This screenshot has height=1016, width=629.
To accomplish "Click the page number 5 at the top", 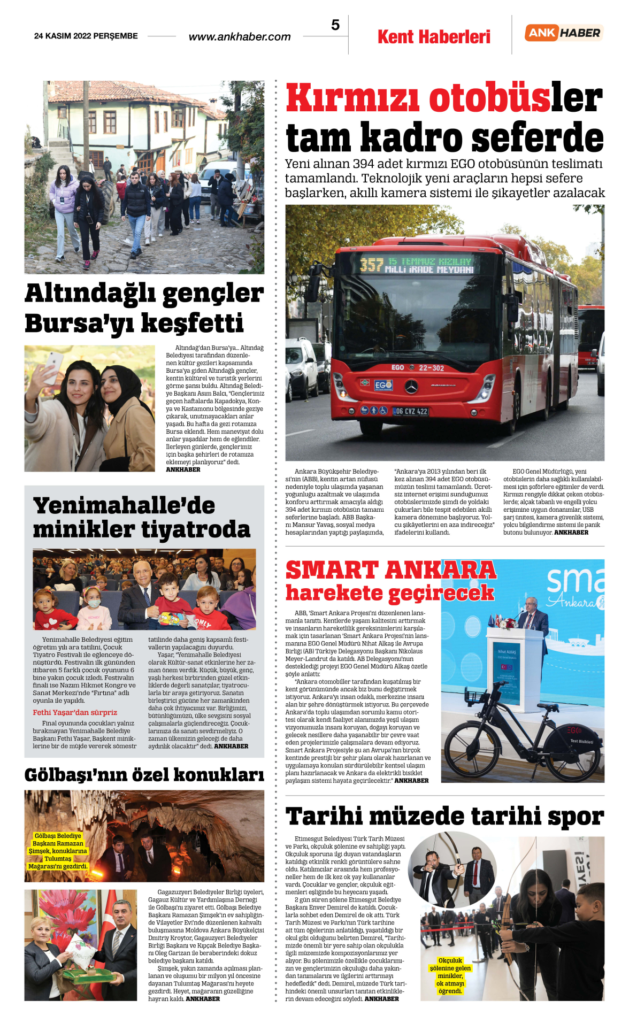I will point(335,25).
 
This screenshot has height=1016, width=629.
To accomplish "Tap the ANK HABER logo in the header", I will point(564,33).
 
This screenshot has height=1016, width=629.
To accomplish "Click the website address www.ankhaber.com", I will point(240,37).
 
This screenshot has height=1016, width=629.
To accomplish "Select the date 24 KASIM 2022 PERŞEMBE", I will point(86,36).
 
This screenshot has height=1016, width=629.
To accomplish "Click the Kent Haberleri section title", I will point(434,37).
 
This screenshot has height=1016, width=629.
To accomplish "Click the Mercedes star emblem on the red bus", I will point(411,387).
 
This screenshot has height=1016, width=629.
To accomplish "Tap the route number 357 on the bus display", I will point(372,265).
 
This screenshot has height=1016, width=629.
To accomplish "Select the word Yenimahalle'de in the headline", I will point(124,506).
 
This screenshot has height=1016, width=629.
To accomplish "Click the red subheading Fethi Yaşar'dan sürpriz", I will point(75,712).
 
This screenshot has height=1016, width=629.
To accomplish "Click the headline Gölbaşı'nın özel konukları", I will point(144,775).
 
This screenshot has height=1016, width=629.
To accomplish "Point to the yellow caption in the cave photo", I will point(58,851).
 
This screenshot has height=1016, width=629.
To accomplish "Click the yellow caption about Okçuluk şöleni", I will point(450,976).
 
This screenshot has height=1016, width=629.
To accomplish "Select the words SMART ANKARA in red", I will point(391,570).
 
